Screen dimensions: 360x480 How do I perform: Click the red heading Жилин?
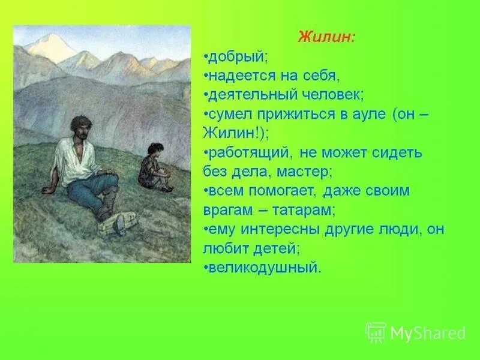[326, 37]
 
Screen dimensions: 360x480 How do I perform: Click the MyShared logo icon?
[376, 332]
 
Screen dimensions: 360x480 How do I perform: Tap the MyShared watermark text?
[428, 332]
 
